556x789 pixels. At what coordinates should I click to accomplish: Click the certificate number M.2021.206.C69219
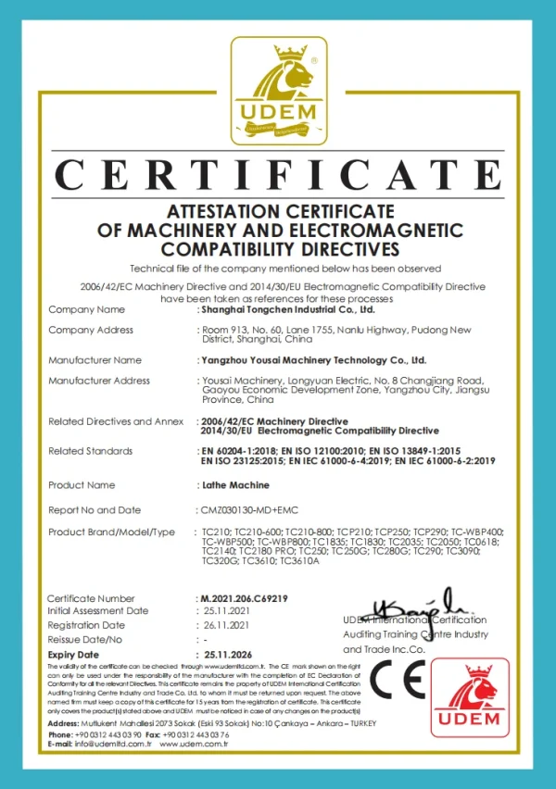[243, 598]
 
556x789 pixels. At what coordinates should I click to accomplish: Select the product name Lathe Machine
[235, 484]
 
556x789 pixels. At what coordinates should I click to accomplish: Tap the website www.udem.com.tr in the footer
[196, 744]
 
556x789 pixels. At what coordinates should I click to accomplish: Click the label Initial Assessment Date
[97, 611]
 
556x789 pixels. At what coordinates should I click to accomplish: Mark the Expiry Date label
[73, 655]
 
